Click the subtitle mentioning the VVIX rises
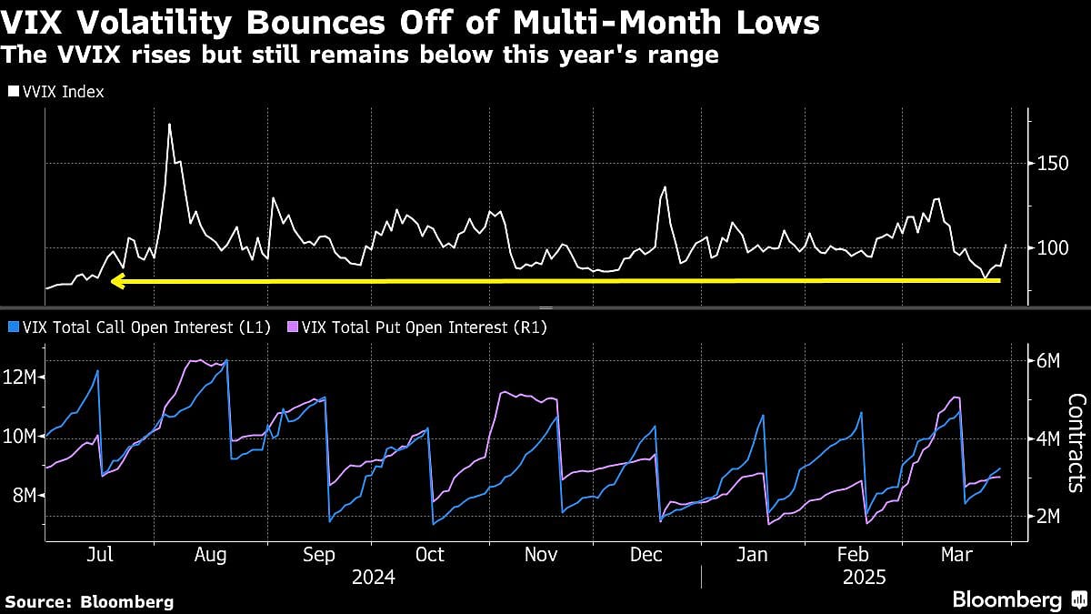(x=360, y=55)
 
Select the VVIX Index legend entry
(x=56, y=92)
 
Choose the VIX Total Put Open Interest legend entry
(x=417, y=327)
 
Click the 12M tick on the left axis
(x=20, y=377)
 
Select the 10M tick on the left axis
(x=20, y=437)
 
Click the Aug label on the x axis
(x=210, y=554)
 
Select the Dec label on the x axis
(x=646, y=554)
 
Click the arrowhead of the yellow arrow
(x=115, y=282)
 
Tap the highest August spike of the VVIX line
(x=169, y=125)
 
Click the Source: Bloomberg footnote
(x=89, y=601)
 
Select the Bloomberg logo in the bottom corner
(x=1017, y=599)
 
